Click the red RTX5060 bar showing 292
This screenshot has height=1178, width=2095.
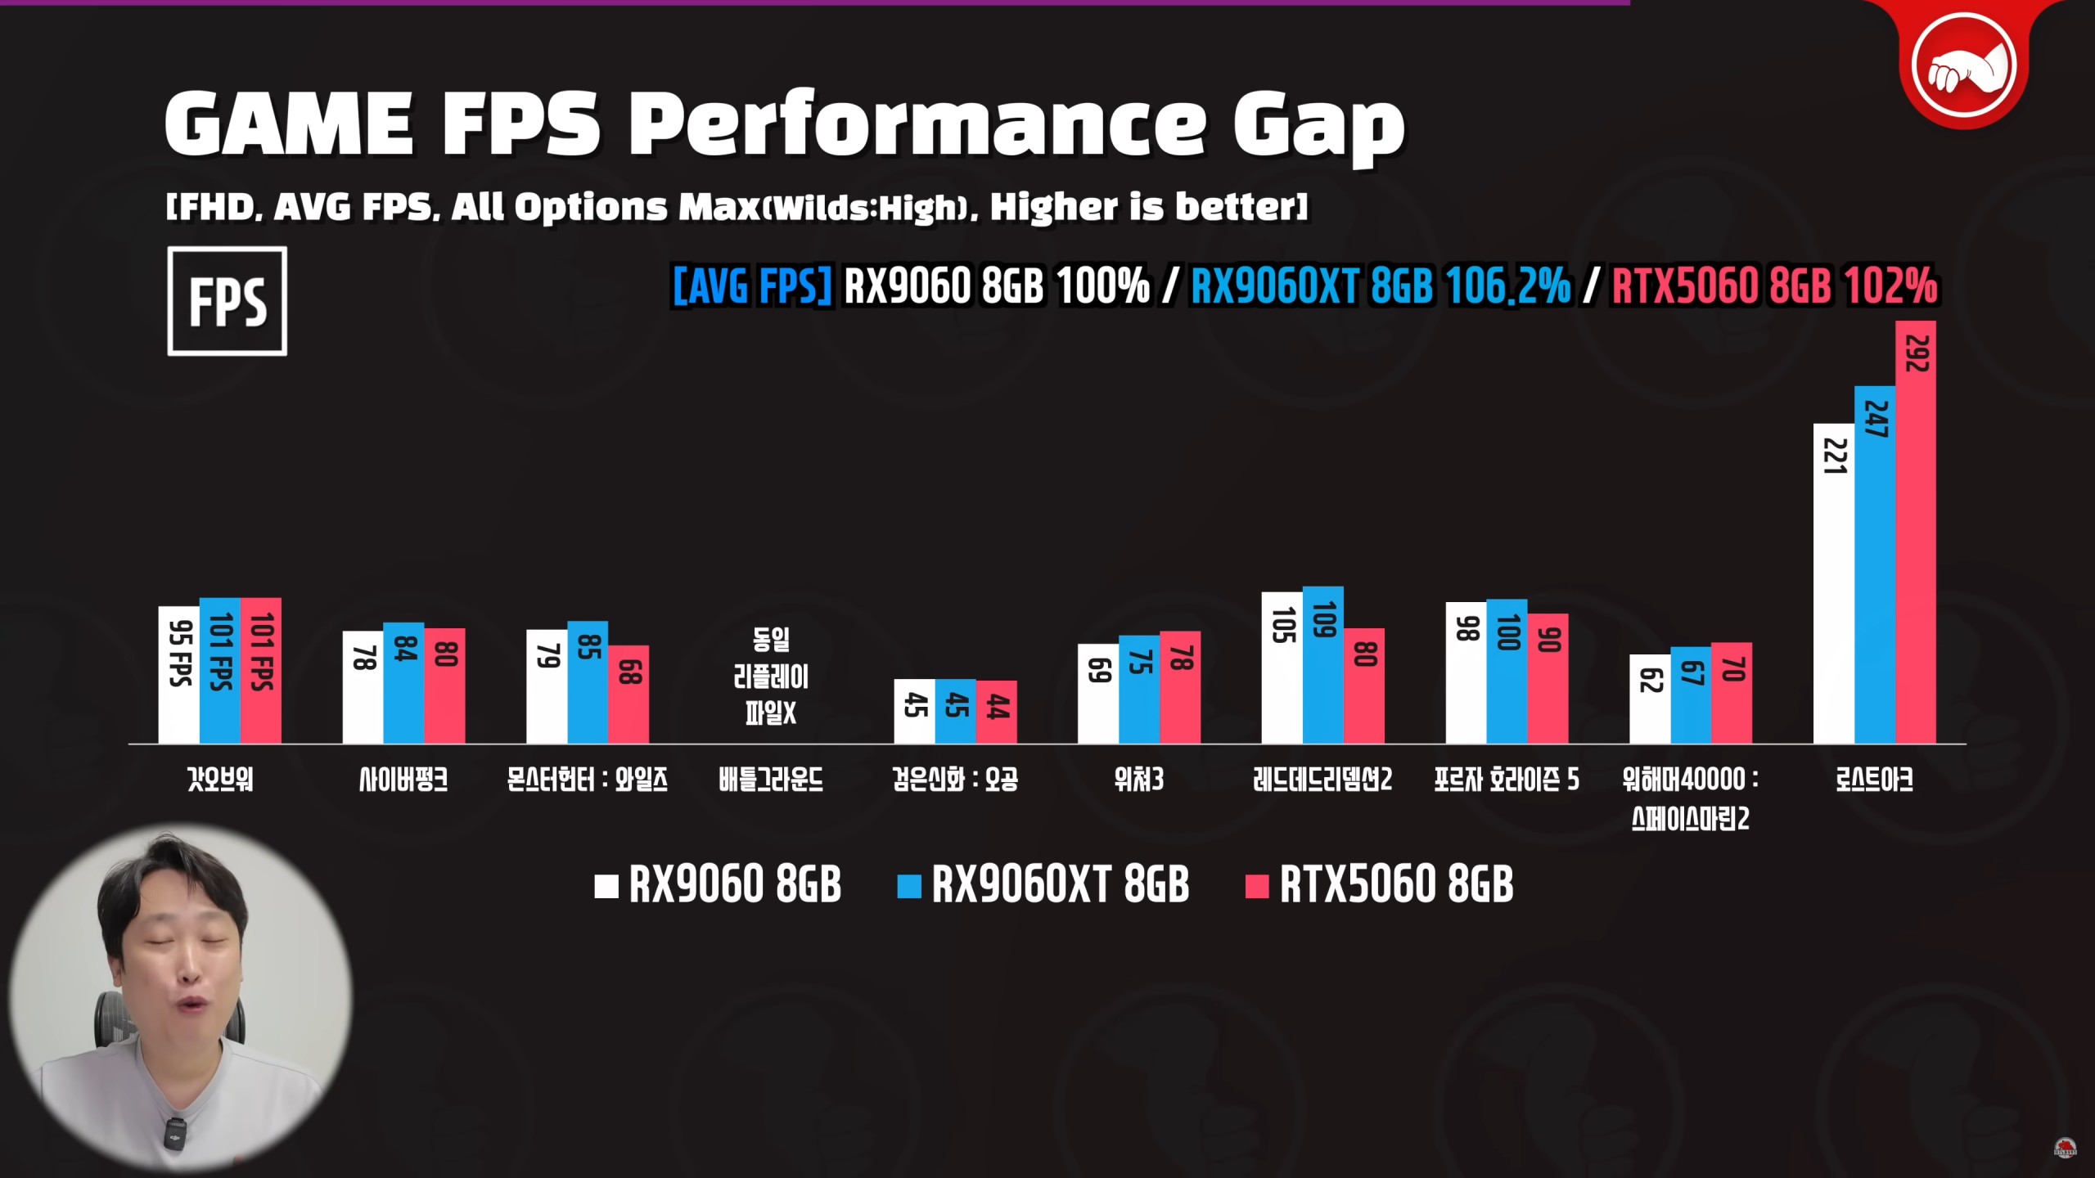[x=1915, y=532]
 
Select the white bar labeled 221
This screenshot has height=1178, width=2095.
[x=1833, y=583]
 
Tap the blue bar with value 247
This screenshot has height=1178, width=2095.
[x=1874, y=564]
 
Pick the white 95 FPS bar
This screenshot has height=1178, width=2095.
[x=178, y=675]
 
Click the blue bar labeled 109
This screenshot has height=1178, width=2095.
[x=1322, y=664]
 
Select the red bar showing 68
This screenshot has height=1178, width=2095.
[x=628, y=694]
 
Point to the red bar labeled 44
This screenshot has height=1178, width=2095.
[x=996, y=712]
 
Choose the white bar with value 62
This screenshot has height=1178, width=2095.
[x=1649, y=699]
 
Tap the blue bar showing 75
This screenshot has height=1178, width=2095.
[x=1138, y=689]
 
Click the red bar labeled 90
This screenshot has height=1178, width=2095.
[x=1548, y=678]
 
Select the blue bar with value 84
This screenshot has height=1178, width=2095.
[x=403, y=682]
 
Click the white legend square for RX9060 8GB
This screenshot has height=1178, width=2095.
[x=606, y=886]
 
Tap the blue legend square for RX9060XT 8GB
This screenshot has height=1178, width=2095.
[x=908, y=886]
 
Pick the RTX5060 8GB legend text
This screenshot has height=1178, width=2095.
[x=1396, y=885]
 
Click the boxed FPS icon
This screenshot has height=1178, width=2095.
[x=227, y=301]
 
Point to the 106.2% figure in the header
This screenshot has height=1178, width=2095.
[x=1507, y=286]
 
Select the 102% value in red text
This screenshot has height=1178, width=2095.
[x=1890, y=286]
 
